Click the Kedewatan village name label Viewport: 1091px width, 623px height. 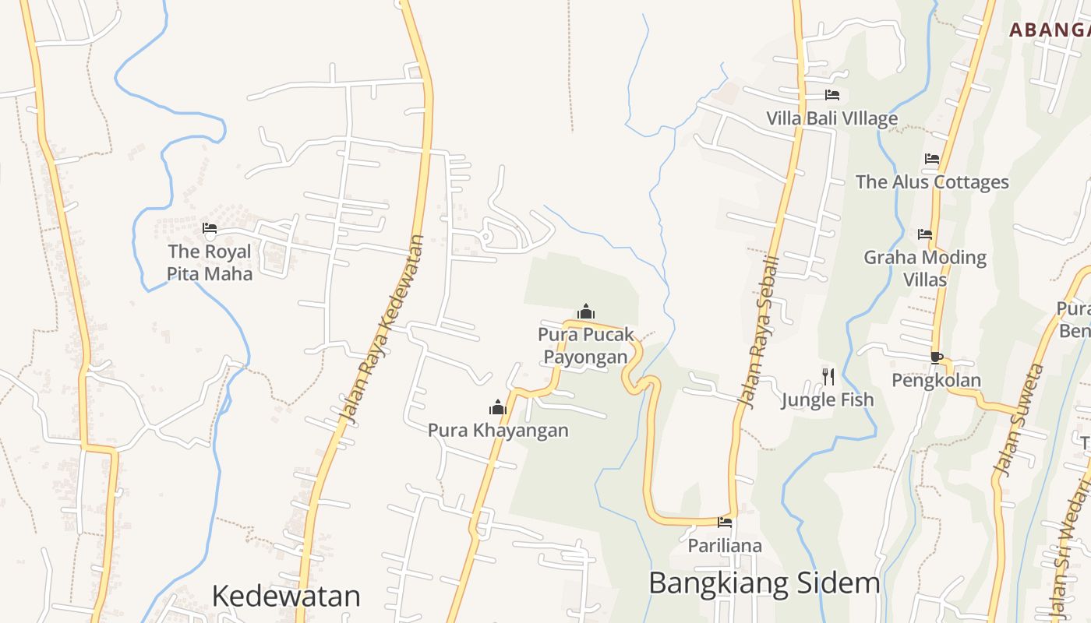tap(286, 596)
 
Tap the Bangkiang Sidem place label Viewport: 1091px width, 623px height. tap(764, 583)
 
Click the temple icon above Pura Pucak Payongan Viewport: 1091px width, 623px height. tap(586, 311)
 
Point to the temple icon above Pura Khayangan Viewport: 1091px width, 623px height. tap(497, 407)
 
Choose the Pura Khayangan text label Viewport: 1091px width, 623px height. tap(498, 430)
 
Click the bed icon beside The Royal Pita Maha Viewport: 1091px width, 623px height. tap(209, 228)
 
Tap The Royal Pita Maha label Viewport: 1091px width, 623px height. tap(210, 262)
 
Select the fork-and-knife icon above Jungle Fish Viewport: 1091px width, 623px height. tap(828, 377)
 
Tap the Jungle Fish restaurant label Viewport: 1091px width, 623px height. tap(828, 399)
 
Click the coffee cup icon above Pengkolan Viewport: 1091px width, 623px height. tap(936, 357)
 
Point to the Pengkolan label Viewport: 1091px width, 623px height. tap(936, 380)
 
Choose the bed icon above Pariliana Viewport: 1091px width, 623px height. tap(725, 523)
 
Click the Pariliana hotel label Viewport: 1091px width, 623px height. tap(725, 545)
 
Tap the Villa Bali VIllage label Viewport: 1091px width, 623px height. tap(831, 118)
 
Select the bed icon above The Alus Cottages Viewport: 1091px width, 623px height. tap(932, 159)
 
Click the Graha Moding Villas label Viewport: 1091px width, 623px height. tap(925, 268)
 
